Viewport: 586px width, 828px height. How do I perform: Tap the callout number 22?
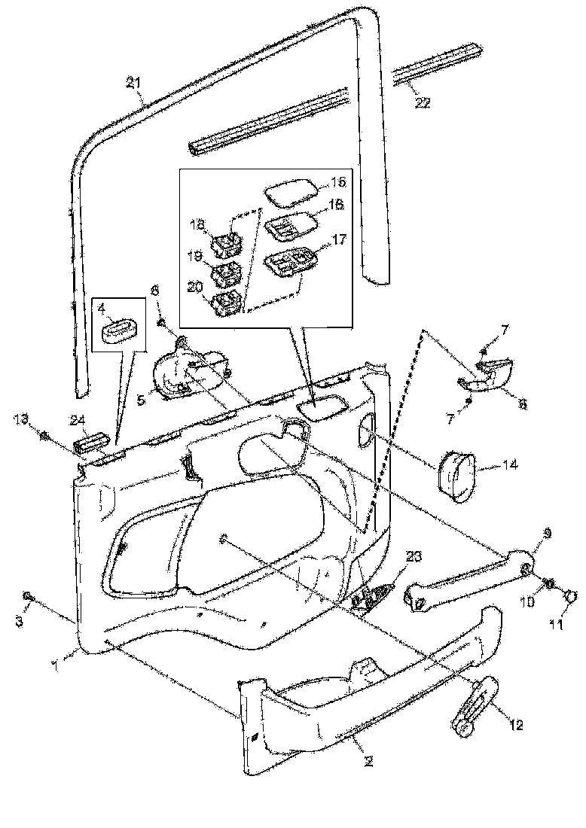pos(422,103)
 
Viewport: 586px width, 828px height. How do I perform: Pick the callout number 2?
pos(368,761)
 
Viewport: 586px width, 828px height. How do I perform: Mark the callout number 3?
pos(20,622)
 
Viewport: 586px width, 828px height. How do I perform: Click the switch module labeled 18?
pos(225,245)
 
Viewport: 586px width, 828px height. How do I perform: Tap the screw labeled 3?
pos(28,598)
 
